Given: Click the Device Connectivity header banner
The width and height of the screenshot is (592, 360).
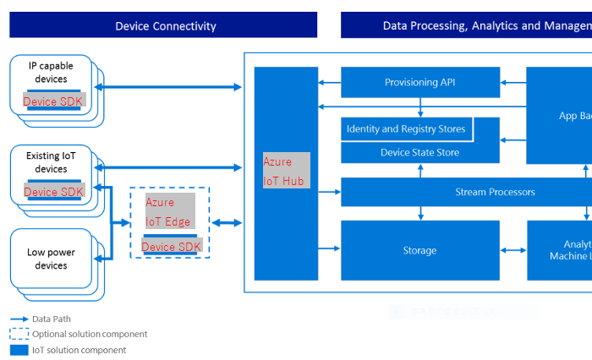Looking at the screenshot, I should click(x=164, y=25).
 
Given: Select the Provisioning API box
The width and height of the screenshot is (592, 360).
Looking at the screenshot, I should click(x=419, y=82).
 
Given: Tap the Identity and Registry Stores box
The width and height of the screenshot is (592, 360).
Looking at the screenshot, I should click(x=406, y=129).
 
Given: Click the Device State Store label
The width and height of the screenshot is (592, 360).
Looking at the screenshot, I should click(x=419, y=152).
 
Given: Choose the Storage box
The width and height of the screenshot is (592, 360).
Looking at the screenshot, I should click(x=419, y=250).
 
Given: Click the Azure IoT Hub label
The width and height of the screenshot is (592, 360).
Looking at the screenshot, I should click(x=287, y=171).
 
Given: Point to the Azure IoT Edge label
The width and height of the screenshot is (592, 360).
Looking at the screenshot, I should click(x=169, y=212).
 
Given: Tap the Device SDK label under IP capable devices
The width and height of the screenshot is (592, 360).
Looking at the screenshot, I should click(x=52, y=101).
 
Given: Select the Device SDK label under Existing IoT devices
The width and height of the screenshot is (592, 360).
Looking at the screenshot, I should click(x=53, y=192).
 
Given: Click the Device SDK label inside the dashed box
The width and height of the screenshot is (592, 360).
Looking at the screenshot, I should click(x=171, y=247).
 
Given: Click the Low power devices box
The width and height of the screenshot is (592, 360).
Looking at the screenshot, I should click(x=51, y=259).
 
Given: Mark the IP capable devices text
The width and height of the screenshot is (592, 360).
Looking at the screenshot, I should click(x=51, y=73).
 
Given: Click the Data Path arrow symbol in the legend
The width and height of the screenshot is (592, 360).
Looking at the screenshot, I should click(x=19, y=319).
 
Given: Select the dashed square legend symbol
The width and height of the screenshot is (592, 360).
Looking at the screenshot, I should click(x=19, y=334).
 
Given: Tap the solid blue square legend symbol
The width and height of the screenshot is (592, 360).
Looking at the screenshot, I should click(x=19, y=349).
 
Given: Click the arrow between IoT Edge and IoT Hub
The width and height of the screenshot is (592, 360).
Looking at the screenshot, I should click(x=227, y=223).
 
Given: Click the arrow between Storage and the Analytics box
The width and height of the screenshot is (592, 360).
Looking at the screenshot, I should click(x=513, y=250).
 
